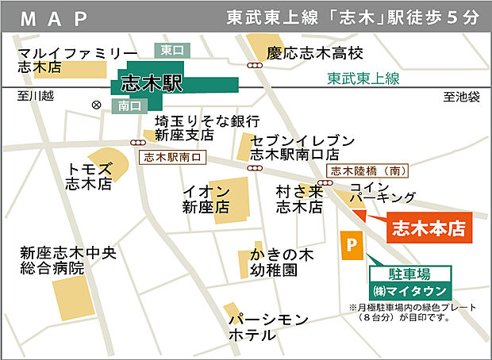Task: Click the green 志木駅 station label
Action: pyautogui.click(x=152, y=83)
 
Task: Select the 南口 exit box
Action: pyautogui.click(x=129, y=105)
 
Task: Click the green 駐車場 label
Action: pyautogui.click(x=411, y=274)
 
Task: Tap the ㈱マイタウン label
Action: pyautogui.click(x=411, y=289)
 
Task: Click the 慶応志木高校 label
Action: pyautogui.click(x=315, y=53)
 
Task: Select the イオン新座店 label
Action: pyautogui.click(x=206, y=199)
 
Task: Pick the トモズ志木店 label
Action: pyautogui.click(x=89, y=176)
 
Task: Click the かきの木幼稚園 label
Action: pyautogui.click(x=274, y=262)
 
